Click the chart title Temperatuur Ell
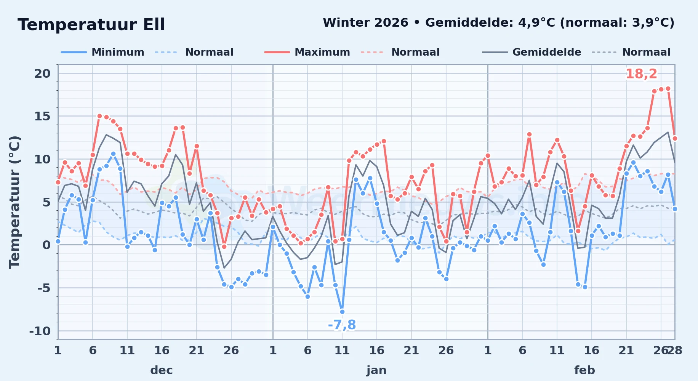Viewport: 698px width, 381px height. [x=91, y=25]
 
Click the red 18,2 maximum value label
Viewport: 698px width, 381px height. [x=641, y=74]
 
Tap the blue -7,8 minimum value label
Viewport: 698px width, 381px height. [x=342, y=325]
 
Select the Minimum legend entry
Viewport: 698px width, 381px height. [x=102, y=52]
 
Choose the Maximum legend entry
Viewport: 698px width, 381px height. [x=307, y=52]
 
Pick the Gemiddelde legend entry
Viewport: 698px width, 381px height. [x=532, y=52]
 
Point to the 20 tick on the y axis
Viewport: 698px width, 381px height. [x=42, y=74]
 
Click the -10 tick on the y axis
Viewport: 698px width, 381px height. [x=40, y=331]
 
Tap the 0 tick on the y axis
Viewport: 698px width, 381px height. [x=46, y=245]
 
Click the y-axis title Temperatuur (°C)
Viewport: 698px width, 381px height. [x=14, y=202]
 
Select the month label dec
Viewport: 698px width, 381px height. [x=162, y=370]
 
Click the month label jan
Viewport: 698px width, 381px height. [x=376, y=370]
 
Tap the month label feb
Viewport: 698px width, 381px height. [x=584, y=370]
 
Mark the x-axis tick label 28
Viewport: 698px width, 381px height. [x=675, y=350]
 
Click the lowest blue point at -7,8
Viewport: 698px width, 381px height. [x=342, y=312]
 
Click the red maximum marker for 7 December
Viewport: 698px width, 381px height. [x=99, y=116]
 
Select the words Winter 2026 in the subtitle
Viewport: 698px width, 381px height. [x=365, y=23]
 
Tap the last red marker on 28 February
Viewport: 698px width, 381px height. [x=675, y=138]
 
